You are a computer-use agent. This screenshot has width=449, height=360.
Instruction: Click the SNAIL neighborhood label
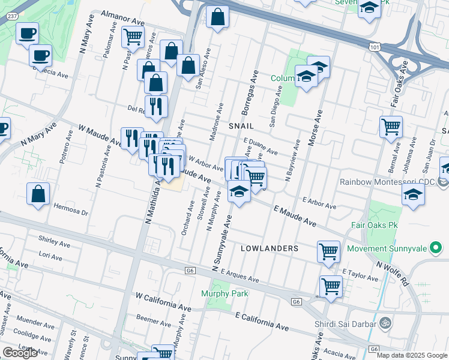[241, 126]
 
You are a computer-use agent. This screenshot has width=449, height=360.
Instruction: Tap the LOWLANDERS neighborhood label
[270, 248]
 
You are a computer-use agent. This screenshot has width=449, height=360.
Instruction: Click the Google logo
[19, 353]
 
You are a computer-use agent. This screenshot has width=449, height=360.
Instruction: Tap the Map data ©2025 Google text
[411, 355]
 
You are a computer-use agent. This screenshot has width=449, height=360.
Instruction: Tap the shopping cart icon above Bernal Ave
[391, 126]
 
